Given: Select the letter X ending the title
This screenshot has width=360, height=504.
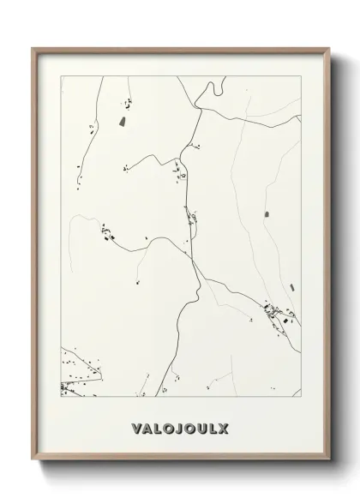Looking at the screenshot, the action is pyautogui.click(x=225, y=426).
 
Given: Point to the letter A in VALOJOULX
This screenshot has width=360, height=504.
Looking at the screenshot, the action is pyautogui.click(x=148, y=426).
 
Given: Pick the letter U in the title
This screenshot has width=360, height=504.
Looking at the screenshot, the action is pyautogui.click(x=201, y=426).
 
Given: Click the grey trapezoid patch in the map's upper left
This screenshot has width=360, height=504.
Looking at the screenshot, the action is pyautogui.click(x=122, y=122).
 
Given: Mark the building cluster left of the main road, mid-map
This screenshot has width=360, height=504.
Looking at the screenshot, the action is pyautogui.click(x=109, y=231).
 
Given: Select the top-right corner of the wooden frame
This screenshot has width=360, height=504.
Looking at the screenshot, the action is pyautogui.click(x=328, y=49).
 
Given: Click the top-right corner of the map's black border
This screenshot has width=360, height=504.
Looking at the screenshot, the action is pyautogui.click(x=301, y=76).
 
